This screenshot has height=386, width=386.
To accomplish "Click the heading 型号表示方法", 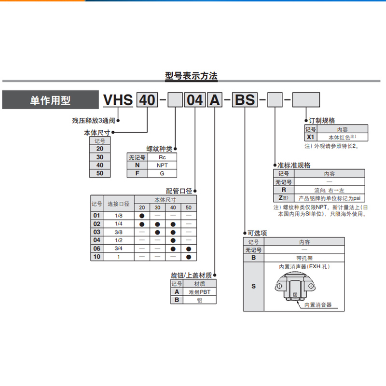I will click(x=192, y=76).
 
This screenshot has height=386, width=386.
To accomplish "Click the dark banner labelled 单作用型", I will click(x=50, y=100).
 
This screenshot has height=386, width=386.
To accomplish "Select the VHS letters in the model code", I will click(x=118, y=100).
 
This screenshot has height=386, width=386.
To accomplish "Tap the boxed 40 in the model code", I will click(x=147, y=100).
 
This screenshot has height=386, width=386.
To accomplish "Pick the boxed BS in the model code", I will click(x=245, y=100).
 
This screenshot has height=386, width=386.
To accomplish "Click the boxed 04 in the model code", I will click(x=194, y=100).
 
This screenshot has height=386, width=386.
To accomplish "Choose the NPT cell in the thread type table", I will click(x=162, y=165).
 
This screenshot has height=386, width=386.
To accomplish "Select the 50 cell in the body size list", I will click(x=100, y=173).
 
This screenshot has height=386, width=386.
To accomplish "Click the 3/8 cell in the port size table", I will click(x=119, y=232).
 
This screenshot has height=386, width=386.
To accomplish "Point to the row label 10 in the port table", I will click(x=97, y=257).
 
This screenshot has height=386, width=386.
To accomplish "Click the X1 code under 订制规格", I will click(x=311, y=138).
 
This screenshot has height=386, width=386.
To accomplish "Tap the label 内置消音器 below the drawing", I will click(x=318, y=305).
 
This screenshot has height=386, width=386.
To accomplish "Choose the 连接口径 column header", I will click(x=119, y=204).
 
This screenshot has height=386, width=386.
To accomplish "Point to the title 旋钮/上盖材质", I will click(x=191, y=276).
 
